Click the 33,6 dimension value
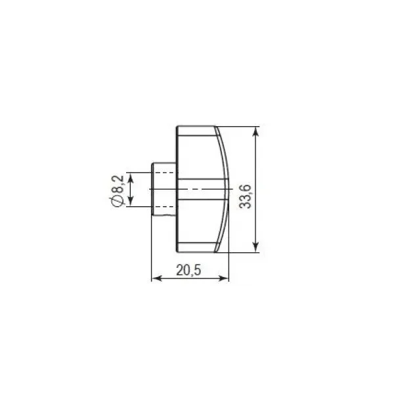(x=245, y=196)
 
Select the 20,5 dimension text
(x=188, y=271)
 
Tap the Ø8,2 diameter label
(x=117, y=191)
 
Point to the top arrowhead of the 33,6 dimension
(x=255, y=131)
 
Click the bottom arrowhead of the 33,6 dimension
(x=255, y=248)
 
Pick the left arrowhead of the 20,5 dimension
(x=157, y=278)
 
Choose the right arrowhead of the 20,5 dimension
(x=224, y=278)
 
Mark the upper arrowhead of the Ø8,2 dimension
(x=131, y=177)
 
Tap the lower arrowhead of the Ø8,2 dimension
(x=131, y=202)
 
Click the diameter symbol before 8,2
(x=117, y=202)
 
